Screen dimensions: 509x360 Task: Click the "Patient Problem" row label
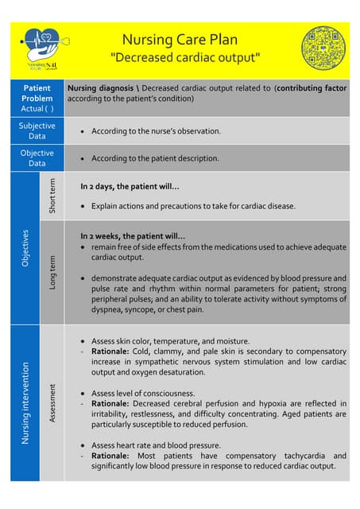[37, 98]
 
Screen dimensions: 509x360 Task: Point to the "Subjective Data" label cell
[37, 130]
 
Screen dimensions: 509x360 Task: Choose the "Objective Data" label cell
[37, 157]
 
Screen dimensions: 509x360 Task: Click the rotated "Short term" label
[52, 196]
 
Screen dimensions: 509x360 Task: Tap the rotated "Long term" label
[52, 271]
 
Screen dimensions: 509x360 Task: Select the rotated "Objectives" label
[25, 247]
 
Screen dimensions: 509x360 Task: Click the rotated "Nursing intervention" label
[25, 402]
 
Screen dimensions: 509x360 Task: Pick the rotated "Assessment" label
[52, 402]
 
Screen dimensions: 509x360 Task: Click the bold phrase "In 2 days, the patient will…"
[130, 187]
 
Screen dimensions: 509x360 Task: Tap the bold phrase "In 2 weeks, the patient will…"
[133, 236]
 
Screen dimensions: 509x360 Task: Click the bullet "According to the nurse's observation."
[156, 130]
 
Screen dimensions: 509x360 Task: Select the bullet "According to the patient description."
[155, 157]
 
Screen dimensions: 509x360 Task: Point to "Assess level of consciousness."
[143, 393]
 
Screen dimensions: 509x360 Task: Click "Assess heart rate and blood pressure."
[156, 445]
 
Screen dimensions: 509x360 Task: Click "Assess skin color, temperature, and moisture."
[170, 340]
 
